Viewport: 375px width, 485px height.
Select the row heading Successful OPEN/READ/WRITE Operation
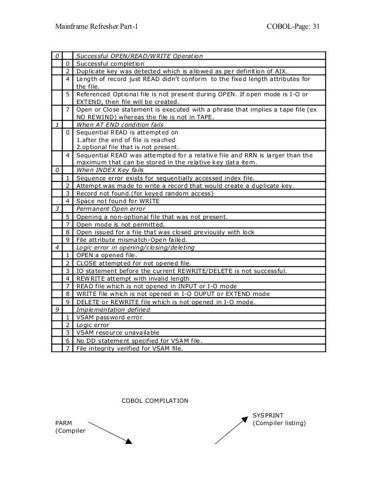tap(139, 56)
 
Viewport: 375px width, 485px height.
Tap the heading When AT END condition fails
tap(120, 125)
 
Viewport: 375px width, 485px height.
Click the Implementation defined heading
tap(113, 309)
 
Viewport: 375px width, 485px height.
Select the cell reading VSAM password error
tap(110, 317)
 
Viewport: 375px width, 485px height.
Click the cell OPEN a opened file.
tap(106, 255)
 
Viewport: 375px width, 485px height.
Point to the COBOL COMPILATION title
tap(155, 401)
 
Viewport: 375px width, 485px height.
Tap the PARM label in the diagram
tap(63, 422)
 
